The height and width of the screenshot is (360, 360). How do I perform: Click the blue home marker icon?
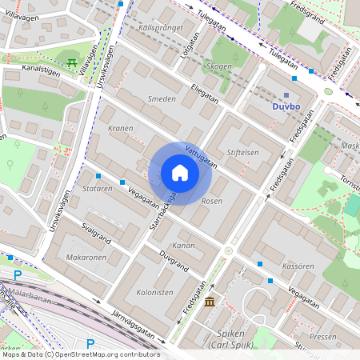click(x=180, y=173)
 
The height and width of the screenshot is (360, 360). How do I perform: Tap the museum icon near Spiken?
click(x=210, y=302)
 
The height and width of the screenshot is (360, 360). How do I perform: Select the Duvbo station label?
click(x=286, y=106)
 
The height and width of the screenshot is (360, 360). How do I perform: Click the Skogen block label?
click(x=218, y=66)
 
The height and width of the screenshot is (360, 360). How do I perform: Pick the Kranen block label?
click(x=120, y=129)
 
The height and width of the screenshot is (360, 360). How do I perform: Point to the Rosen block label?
click(x=211, y=201)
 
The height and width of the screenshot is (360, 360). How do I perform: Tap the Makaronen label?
click(x=86, y=258)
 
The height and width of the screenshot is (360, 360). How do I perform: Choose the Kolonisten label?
click(x=155, y=293)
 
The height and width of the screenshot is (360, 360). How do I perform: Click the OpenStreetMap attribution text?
click(x=80, y=354)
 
